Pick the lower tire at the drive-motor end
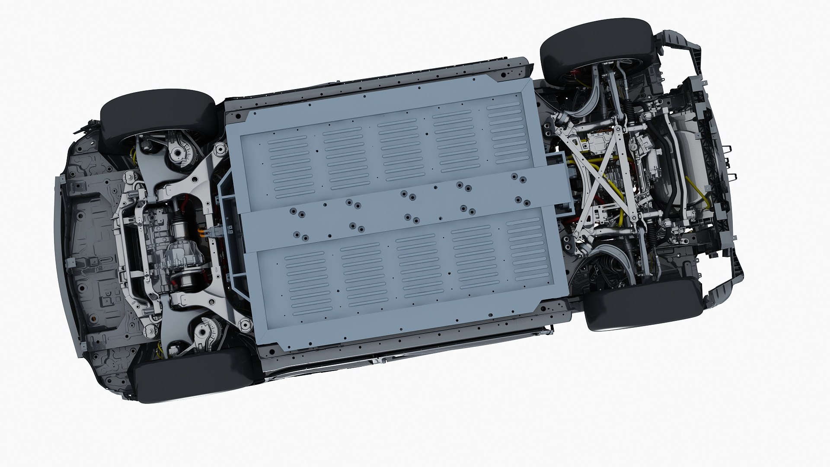point(192,376)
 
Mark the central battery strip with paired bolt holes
point(406,208)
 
